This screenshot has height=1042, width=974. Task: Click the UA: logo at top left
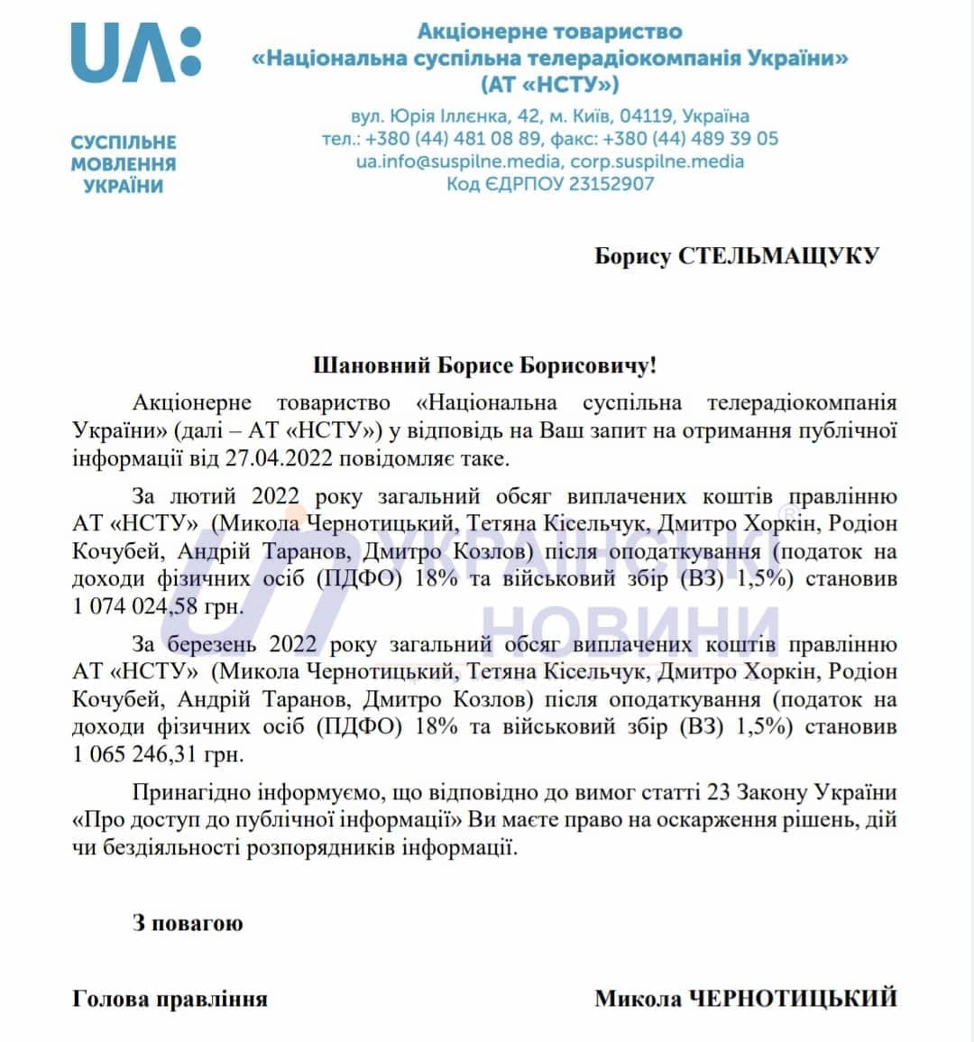point(135,53)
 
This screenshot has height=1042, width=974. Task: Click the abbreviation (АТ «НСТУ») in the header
point(550,86)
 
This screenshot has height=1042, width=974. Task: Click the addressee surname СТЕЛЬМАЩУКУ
point(778,255)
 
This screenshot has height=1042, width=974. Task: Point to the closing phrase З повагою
point(188,923)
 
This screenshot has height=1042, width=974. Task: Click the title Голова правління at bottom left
point(170,999)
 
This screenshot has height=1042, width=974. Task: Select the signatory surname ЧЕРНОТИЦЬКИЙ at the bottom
point(793,999)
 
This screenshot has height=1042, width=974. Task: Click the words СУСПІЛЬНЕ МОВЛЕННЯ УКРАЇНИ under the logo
point(124,164)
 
